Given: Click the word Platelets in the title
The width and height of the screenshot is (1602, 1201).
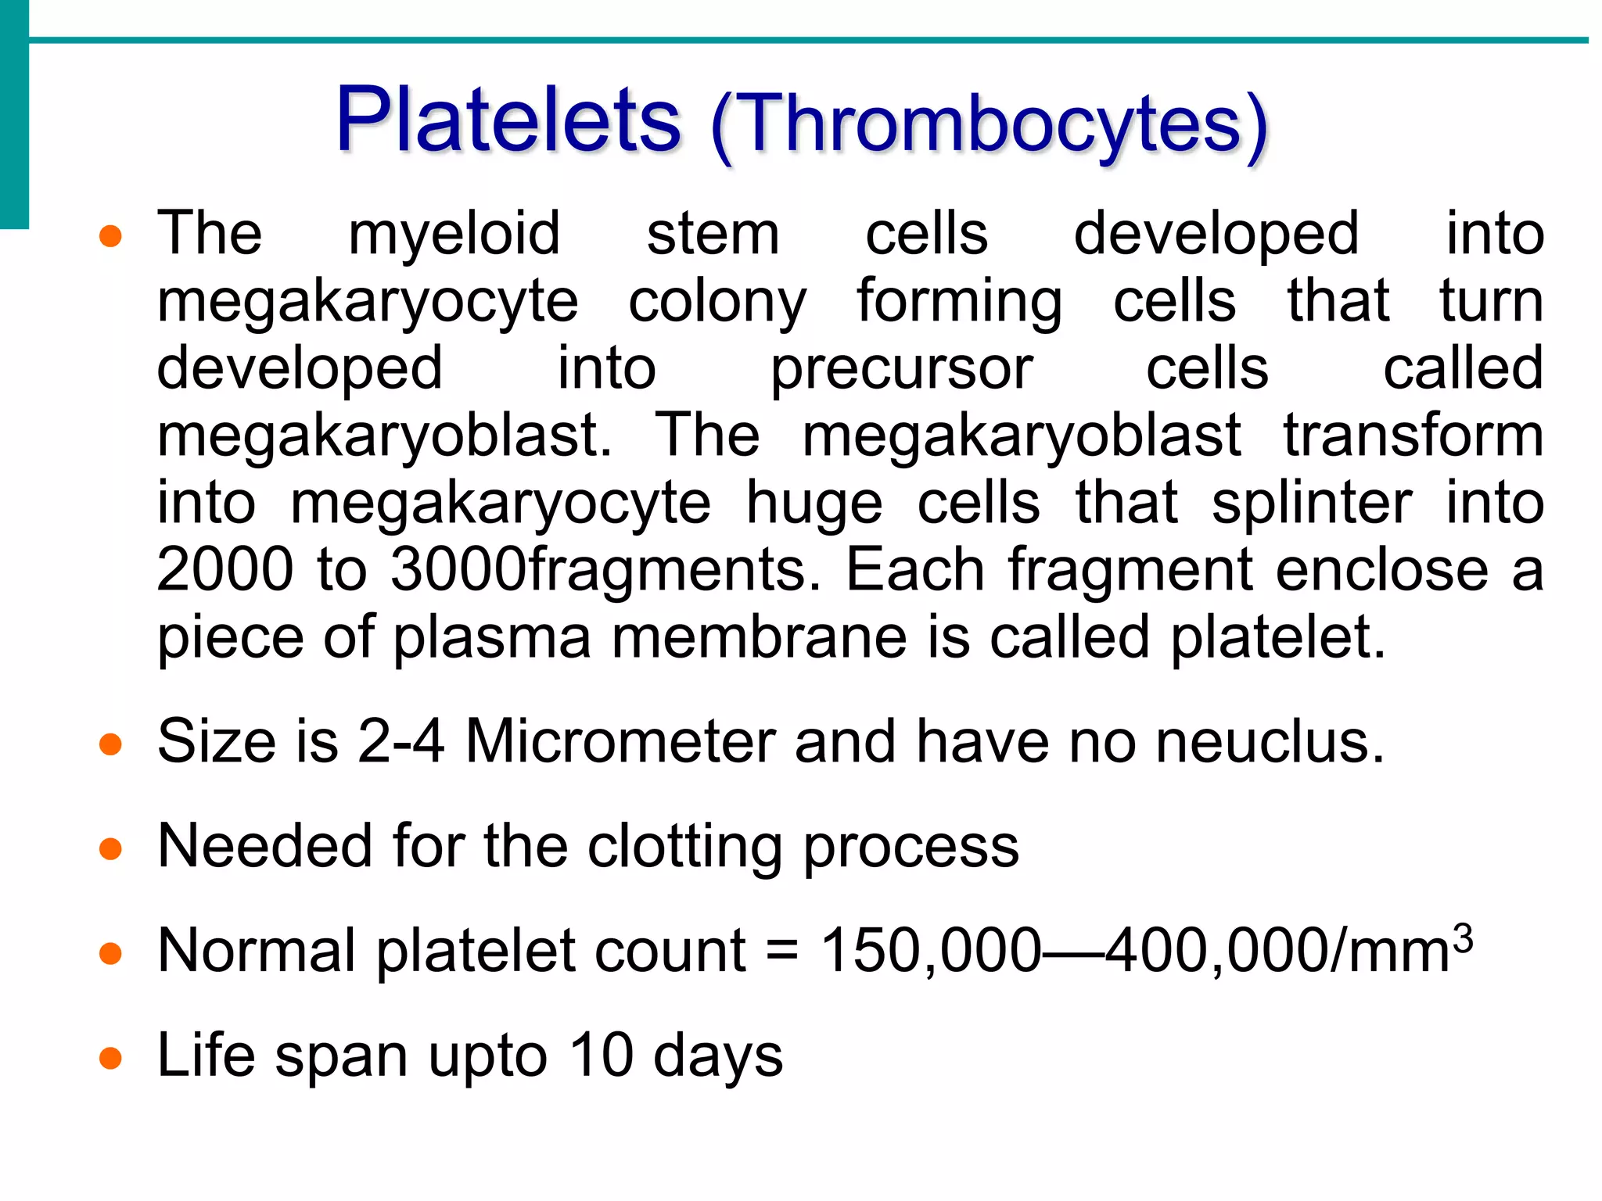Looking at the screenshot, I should coord(508,121).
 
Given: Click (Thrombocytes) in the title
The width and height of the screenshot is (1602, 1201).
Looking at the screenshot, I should coord(989,125).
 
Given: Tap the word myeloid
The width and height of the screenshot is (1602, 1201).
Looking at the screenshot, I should coord(454,235).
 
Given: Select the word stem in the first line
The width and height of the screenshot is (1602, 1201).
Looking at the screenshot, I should coord(713,235).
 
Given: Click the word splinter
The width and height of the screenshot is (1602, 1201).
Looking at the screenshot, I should coord(1312,504).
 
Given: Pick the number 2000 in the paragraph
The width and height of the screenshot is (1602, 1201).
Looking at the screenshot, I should coord(225,570).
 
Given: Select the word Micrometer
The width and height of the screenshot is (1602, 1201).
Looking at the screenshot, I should coord(620,741).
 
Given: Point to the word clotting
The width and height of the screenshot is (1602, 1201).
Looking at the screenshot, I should coord(684,848).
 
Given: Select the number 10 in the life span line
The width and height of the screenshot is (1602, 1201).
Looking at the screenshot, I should coord(600,1056).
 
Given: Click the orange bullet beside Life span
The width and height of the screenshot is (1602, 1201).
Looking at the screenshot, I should coord(111,1059).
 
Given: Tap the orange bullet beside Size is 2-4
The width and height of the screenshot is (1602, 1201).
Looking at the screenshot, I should coord(111,744).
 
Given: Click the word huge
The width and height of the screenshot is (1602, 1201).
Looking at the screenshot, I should coord(814,504).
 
